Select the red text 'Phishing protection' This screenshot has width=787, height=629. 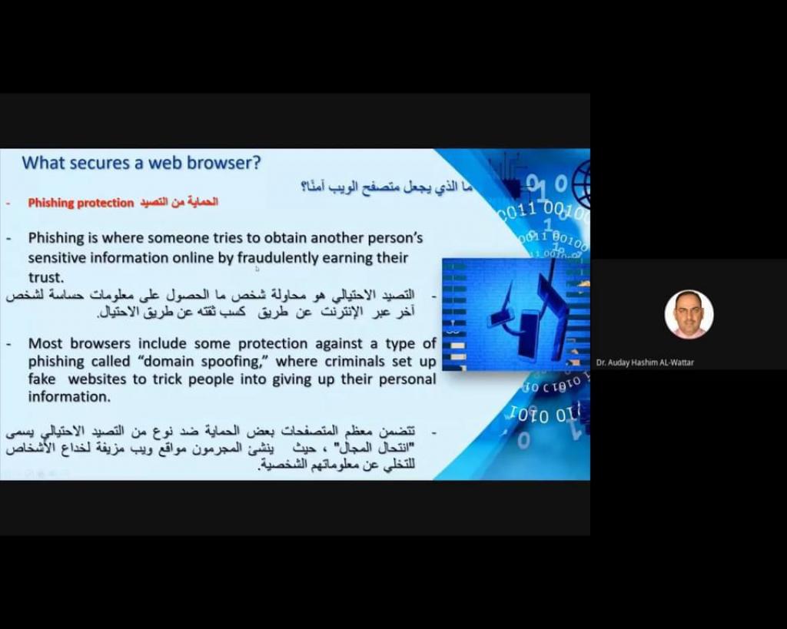pos(81,203)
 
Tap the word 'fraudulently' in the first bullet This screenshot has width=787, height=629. pos(277,258)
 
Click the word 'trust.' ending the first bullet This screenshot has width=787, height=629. pos(46,277)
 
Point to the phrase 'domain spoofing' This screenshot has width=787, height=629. pos(201,361)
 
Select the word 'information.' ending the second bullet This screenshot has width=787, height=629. pos(69,396)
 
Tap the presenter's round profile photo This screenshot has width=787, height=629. pos(689,314)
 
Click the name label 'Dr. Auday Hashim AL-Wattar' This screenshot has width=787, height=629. pos(645,363)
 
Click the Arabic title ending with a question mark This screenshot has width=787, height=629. pos(387,187)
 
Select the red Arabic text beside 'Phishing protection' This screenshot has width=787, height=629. pos(178,202)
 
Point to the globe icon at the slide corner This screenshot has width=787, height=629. pos(581,180)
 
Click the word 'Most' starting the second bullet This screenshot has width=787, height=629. pos(45,343)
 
